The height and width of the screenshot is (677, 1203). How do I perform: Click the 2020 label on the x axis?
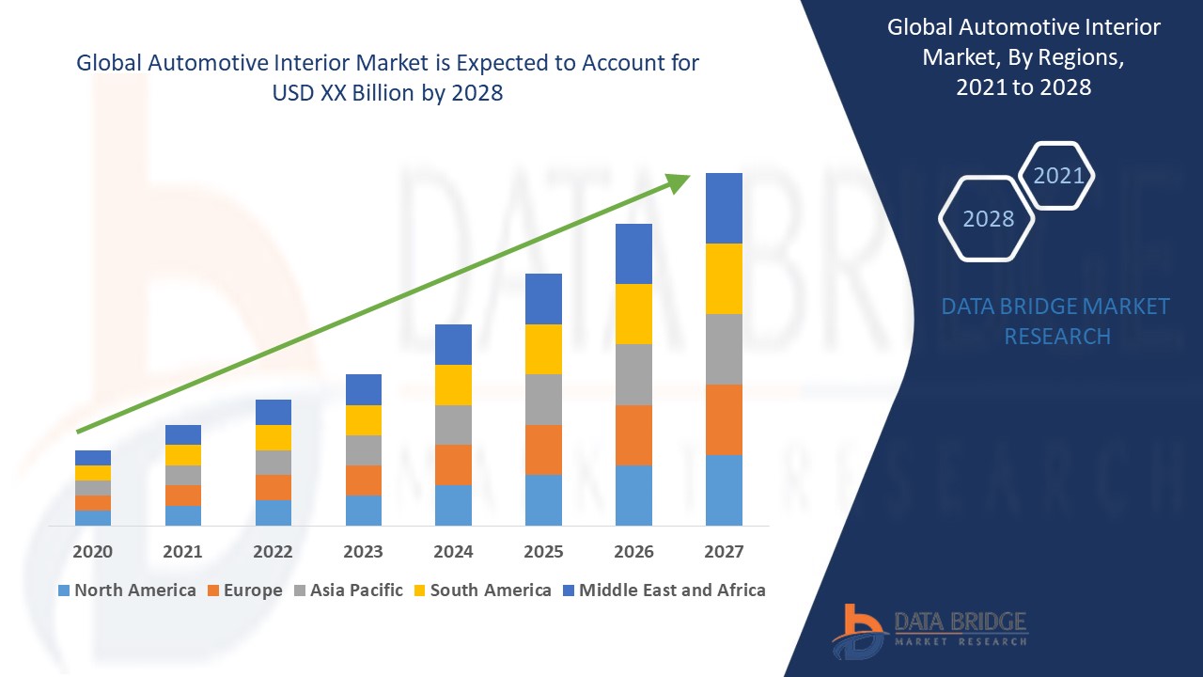pos(92,552)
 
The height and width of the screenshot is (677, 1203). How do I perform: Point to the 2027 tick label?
pos(724,552)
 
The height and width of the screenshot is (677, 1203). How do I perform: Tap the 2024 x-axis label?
pos(453,552)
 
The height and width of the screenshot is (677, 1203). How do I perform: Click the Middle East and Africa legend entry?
pos(664,590)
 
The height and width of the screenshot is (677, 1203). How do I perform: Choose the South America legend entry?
pos(482,590)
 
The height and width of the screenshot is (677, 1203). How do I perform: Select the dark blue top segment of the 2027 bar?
pos(724,208)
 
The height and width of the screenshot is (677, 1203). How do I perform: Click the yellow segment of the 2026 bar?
pos(633,314)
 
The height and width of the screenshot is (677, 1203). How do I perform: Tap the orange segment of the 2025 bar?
pos(543,449)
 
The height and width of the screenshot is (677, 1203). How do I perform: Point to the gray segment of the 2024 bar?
pos(453,425)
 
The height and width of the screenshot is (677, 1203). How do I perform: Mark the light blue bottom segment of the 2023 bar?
pos(363,510)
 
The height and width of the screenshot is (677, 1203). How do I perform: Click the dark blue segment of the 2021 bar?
pos(182,434)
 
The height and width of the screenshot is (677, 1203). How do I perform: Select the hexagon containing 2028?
pos(987,218)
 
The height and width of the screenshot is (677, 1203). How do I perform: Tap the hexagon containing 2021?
pos(1057,176)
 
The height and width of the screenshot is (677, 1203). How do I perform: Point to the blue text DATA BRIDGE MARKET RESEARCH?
pos(1056,321)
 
